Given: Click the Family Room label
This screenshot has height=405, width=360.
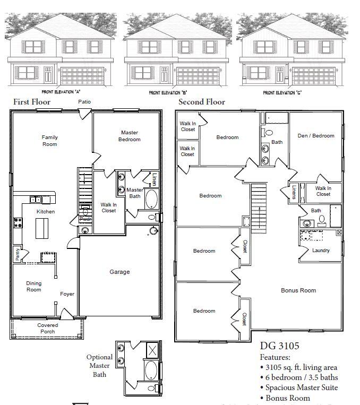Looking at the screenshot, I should [50, 141].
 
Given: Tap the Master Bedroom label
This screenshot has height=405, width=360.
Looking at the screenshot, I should [130, 136].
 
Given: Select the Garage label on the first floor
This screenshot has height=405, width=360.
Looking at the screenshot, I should [119, 272].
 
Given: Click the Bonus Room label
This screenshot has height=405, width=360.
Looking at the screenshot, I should [298, 290].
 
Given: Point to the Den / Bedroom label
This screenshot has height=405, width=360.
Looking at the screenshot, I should [315, 136].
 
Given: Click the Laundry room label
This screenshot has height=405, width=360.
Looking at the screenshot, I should [321, 251].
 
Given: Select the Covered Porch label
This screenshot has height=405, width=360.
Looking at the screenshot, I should [48, 329].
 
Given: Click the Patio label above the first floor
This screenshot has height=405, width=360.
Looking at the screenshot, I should [84, 101].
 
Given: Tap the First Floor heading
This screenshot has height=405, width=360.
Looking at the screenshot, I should [32, 102].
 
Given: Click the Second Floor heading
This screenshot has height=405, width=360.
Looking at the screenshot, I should [202, 102].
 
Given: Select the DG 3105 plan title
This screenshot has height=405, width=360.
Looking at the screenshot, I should [279, 346].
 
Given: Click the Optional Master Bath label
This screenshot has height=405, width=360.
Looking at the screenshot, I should [100, 365].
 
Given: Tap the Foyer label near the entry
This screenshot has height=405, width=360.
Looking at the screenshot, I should [67, 294].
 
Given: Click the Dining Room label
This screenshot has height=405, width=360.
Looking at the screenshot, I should [33, 286].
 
